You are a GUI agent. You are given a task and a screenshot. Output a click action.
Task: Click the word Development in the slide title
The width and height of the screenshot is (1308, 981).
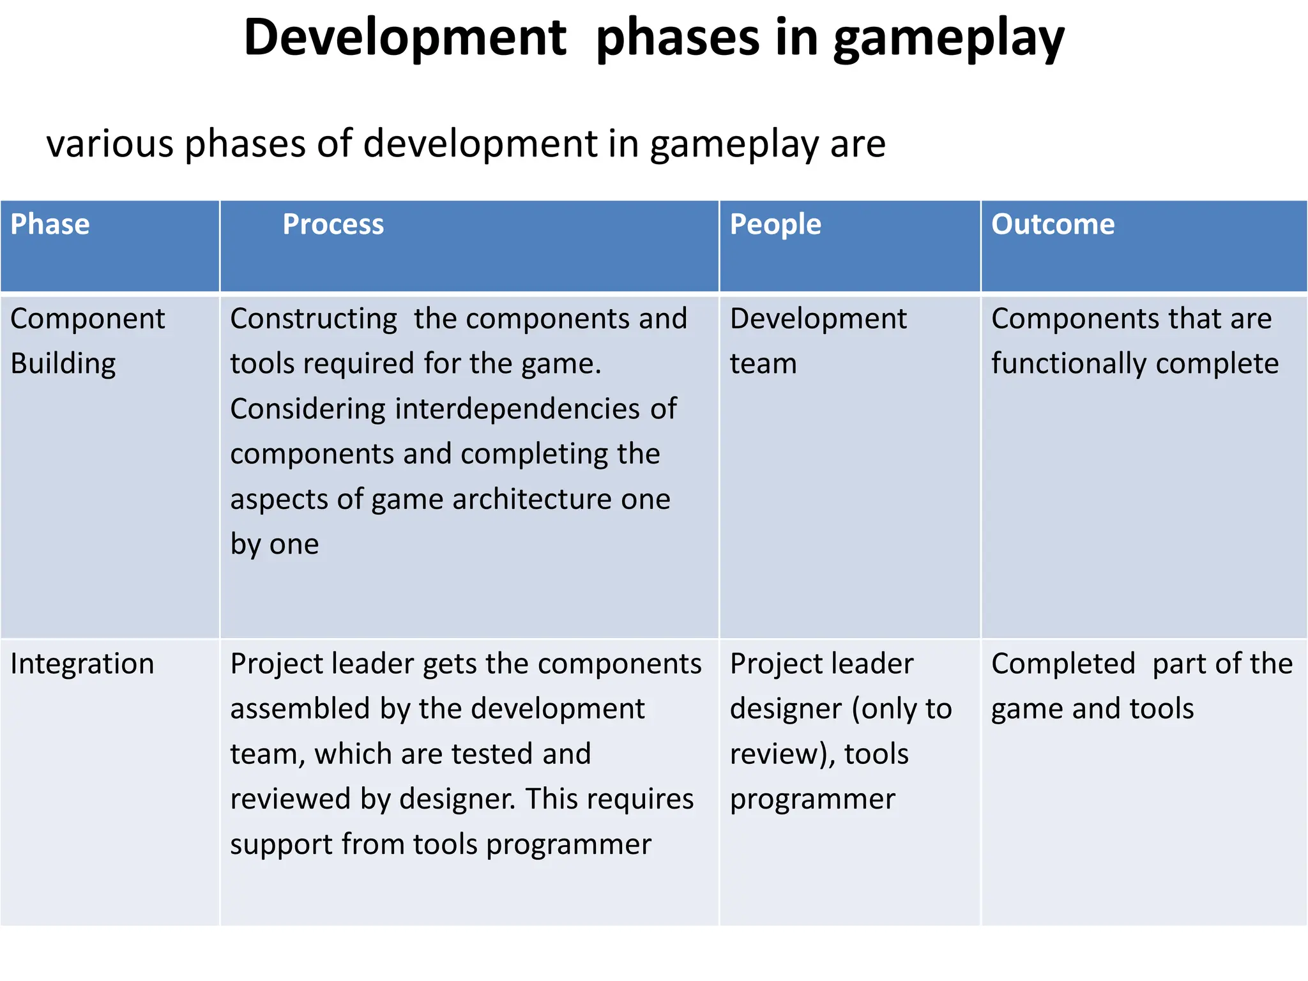click(x=405, y=38)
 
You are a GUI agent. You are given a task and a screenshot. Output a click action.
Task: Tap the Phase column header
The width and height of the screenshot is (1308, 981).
click(x=50, y=225)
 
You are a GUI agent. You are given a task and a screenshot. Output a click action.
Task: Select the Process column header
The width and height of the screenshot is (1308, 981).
click(x=333, y=225)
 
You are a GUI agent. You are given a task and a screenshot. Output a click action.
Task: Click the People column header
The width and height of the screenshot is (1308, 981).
click(x=775, y=225)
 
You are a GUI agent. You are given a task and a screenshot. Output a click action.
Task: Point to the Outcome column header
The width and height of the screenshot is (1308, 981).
click(x=1053, y=225)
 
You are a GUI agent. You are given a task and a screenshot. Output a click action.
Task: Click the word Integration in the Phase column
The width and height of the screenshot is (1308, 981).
click(x=82, y=664)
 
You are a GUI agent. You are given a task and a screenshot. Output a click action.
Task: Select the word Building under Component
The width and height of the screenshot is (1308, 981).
click(x=63, y=364)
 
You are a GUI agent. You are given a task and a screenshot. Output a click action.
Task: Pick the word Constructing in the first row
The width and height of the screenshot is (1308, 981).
click(x=314, y=319)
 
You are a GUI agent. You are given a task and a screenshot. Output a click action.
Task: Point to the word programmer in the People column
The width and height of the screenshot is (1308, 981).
click(x=812, y=800)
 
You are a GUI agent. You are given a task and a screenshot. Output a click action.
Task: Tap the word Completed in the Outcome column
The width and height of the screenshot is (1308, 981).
click(x=1063, y=664)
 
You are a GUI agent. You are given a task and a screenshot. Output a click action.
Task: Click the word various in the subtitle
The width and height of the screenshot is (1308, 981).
click(x=110, y=144)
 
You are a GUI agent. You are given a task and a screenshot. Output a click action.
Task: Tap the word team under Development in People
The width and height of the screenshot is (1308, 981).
click(x=763, y=364)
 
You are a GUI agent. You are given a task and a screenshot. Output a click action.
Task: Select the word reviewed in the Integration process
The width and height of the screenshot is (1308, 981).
click(x=290, y=800)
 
